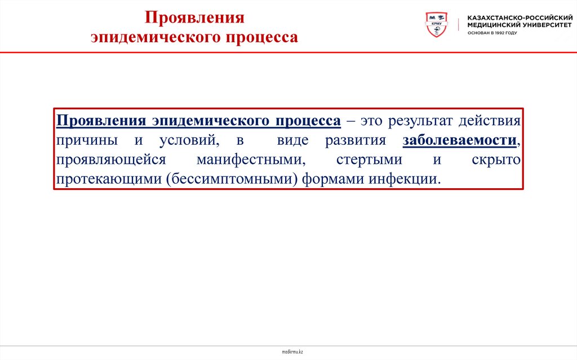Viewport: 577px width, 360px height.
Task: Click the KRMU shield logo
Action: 436,25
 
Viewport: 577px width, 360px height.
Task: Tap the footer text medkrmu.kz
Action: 292,352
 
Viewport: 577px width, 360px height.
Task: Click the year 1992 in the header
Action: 498,33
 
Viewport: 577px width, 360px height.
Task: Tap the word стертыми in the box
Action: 369,159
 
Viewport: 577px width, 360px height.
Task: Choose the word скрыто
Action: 496,159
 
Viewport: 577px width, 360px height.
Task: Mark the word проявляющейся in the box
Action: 110,159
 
